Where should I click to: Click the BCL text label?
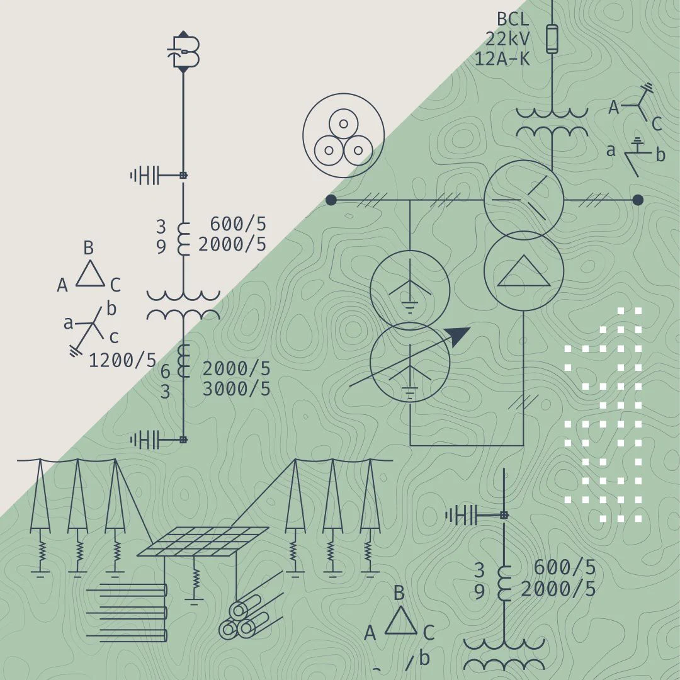pyautogui.click(x=513, y=20)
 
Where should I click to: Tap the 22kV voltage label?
pyautogui.click(x=507, y=39)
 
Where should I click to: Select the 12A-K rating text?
pyautogui.click(x=502, y=59)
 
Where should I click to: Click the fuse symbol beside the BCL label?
pyautogui.click(x=552, y=39)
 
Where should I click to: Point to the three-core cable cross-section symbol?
pyautogui.click(x=344, y=135)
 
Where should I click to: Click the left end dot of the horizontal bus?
pyautogui.click(x=331, y=200)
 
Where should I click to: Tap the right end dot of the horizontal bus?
pyautogui.click(x=637, y=200)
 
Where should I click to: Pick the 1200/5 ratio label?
pyautogui.click(x=122, y=360)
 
